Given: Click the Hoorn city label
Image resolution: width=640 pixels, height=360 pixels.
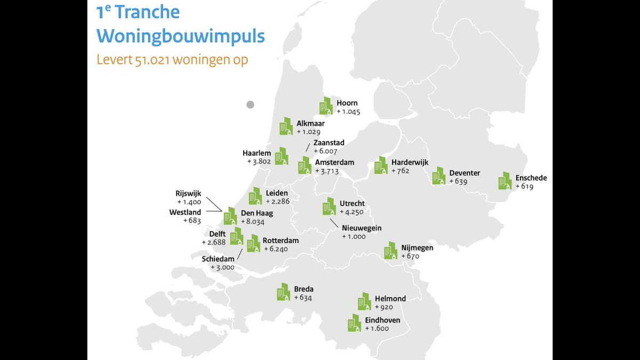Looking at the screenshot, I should [x=347, y=103].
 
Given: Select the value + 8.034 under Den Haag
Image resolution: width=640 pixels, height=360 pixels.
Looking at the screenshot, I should [x=252, y=222].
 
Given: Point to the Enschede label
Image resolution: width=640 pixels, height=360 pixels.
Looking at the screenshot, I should [x=531, y=178].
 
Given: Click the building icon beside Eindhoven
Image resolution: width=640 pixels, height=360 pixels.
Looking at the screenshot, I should [x=354, y=323].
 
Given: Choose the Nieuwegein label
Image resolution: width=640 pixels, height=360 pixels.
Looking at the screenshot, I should [x=362, y=228].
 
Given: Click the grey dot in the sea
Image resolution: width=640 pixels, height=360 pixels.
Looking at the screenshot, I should [x=250, y=105].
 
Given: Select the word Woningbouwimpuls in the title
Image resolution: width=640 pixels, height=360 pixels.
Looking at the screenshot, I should [x=181, y=36].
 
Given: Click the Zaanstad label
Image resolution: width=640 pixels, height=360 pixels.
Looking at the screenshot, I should [x=329, y=142].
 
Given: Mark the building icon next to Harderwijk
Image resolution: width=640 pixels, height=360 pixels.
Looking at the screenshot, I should [x=381, y=165].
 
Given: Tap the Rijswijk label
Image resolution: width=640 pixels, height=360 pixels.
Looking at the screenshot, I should [x=189, y=194].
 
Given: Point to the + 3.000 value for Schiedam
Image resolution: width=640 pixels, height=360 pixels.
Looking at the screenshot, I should [x=222, y=267].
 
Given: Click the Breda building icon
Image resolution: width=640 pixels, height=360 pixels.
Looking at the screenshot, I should [x=283, y=292].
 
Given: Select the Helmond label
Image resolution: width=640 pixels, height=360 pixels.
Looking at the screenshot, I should [x=390, y=299].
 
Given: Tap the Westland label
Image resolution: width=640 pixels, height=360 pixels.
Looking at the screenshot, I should [x=185, y=212].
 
